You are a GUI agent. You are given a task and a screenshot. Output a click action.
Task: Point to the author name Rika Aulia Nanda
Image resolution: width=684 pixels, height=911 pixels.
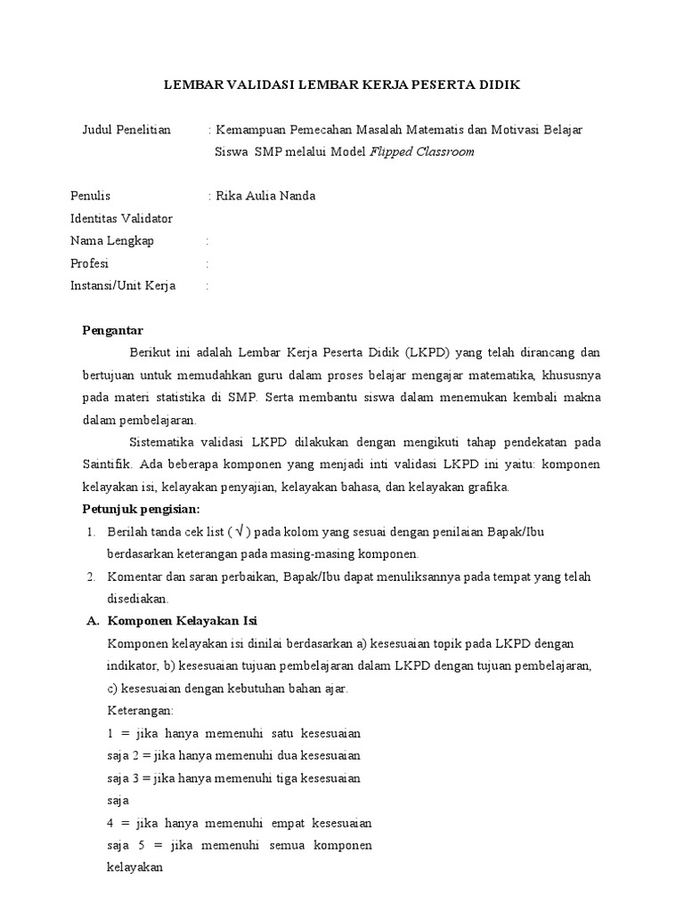click(265, 197)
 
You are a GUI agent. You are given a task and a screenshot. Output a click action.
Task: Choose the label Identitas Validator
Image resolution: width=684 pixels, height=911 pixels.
click(121, 219)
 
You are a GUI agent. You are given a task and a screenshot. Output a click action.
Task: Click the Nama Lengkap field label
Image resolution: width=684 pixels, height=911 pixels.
click(112, 241)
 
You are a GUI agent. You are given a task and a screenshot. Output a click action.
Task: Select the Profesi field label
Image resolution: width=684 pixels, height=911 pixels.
click(90, 263)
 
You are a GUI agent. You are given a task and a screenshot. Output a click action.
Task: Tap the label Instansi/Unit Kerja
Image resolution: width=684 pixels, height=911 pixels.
click(123, 286)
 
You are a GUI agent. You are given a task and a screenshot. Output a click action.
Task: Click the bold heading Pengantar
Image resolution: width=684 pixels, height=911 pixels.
click(113, 331)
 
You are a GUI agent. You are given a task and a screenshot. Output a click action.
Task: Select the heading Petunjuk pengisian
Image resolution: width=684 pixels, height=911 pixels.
click(142, 509)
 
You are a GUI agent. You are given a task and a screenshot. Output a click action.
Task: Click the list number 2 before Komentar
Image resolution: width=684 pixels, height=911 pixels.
click(91, 576)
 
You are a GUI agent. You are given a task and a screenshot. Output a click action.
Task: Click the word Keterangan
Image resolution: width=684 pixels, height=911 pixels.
click(140, 711)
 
